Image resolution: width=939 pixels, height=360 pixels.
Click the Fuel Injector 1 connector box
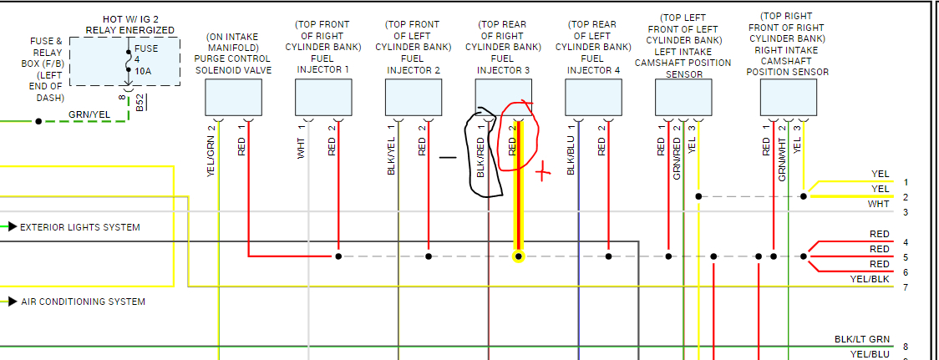click(x=322, y=98)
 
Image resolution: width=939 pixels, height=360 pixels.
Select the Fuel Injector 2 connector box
click(x=413, y=98)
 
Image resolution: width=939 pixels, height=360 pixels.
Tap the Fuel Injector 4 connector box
click(x=593, y=98)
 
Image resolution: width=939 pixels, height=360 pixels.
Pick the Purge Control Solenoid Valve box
click(x=232, y=98)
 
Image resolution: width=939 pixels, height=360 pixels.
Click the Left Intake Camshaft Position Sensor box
click(x=683, y=98)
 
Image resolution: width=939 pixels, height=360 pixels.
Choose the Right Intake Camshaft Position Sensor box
click(x=788, y=98)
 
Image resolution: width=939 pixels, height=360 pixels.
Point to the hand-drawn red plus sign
click(x=543, y=174)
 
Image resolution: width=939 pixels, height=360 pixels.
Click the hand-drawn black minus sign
click(x=448, y=156)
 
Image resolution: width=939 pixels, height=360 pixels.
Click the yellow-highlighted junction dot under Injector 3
click(x=519, y=256)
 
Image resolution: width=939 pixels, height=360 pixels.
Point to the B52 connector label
click(x=140, y=103)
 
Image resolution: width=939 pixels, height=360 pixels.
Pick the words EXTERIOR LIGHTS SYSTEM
click(x=80, y=227)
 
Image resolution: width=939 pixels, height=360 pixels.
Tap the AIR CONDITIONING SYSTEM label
click(x=83, y=302)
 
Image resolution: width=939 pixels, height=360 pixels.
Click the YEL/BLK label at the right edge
click(x=870, y=280)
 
